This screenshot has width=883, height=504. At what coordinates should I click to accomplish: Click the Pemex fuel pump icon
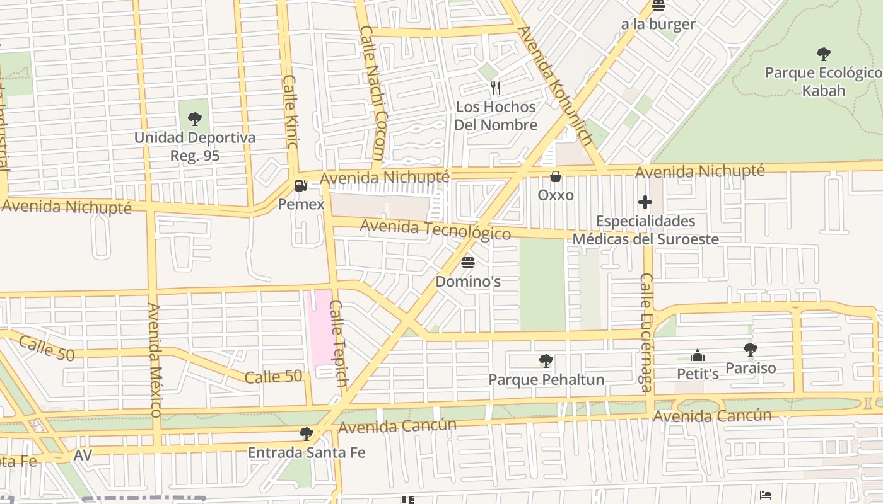[x=301, y=186]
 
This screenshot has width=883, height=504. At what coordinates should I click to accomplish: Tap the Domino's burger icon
[x=468, y=262]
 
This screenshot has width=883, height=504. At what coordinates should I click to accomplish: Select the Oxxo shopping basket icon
[x=556, y=176]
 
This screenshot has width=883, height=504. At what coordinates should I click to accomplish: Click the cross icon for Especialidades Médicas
[x=645, y=202]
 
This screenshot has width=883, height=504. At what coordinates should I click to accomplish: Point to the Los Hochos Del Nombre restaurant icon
[x=496, y=88]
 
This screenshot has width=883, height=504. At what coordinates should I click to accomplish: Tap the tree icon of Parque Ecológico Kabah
[x=823, y=54]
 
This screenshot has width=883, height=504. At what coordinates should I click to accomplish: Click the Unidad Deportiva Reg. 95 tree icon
[x=195, y=118]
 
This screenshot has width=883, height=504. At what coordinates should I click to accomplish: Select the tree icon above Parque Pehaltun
[x=546, y=361]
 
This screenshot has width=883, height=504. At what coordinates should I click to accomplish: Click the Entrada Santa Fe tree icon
[x=307, y=433]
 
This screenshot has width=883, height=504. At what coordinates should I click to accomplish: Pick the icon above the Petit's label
[x=698, y=355]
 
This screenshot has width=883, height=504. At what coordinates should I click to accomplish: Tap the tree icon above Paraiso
[x=750, y=349]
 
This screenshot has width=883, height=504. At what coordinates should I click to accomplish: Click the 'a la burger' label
[x=658, y=25]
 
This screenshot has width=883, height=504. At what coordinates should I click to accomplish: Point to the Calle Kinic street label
[x=291, y=112]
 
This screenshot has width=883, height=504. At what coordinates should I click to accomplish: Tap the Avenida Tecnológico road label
[x=435, y=229]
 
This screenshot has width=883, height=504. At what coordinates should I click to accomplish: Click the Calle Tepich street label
[x=339, y=343]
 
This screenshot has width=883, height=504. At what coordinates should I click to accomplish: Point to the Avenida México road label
[x=155, y=360]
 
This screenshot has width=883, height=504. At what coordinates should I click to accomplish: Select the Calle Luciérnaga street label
[x=646, y=332]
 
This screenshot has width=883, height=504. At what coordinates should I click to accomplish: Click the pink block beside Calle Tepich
[x=319, y=328]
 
